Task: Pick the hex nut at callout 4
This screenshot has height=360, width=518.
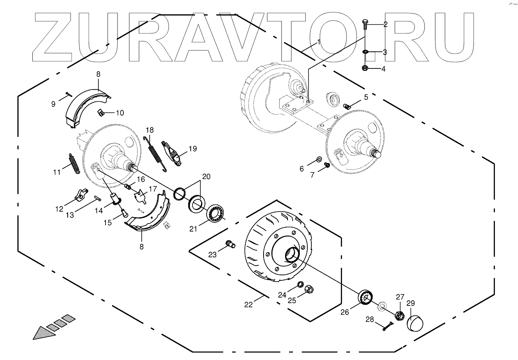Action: (365, 68)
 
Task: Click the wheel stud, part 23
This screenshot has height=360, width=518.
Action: (230, 243)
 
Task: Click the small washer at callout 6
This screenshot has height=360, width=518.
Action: (319, 160)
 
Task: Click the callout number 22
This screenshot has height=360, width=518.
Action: (248, 305)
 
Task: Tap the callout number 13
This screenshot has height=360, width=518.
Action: (70, 215)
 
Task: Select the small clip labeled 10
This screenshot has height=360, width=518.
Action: (102, 113)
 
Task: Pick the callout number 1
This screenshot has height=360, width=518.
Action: (318, 41)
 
